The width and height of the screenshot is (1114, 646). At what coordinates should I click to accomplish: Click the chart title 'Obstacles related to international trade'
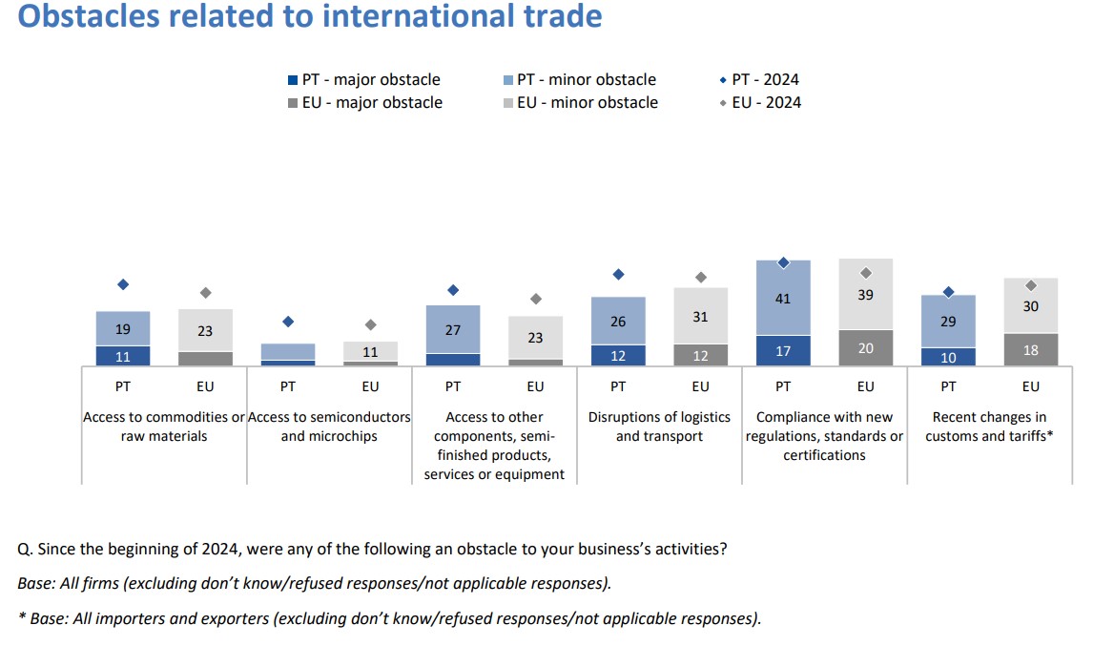(x=310, y=16)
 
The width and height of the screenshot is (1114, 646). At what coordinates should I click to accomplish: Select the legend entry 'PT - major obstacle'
(x=363, y=80)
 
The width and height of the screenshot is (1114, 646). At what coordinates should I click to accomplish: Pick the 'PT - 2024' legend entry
(x=760, y=80)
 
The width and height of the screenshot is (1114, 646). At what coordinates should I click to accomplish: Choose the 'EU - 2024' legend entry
(x=760, y=103)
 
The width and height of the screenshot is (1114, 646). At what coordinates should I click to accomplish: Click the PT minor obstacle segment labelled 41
(x=783, y=298)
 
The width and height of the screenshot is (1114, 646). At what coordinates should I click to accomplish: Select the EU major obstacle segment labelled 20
(x=865, y=348)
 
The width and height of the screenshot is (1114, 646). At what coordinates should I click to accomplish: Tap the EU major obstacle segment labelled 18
(x=1030, y=350)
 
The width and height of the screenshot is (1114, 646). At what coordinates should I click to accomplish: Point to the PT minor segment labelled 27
(x=453, y=330)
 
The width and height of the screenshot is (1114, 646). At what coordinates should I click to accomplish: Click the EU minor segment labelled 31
(x=700, y=316)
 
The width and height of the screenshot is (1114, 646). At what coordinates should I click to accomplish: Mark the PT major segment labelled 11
(x=123, y=356)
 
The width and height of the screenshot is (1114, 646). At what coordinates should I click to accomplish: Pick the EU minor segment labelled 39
(x=865, y=295)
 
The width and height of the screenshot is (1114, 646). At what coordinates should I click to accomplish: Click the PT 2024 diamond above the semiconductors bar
(x=288, y=322)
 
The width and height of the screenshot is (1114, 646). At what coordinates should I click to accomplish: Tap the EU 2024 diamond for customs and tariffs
(x=1031, y=285)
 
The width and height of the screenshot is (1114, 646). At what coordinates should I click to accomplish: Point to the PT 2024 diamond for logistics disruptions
(x=618, y=274)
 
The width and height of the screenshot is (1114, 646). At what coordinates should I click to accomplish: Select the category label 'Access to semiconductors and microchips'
(x=329, y=427)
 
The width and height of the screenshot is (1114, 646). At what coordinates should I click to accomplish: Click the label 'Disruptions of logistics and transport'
(x=659, y=427)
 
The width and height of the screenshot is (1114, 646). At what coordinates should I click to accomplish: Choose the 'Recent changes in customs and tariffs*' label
(x=989, y=427)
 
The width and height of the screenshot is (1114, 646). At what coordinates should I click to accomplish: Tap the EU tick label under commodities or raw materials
(x=205, y=386)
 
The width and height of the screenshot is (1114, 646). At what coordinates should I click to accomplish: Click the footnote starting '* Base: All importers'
(x=389, y=618)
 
